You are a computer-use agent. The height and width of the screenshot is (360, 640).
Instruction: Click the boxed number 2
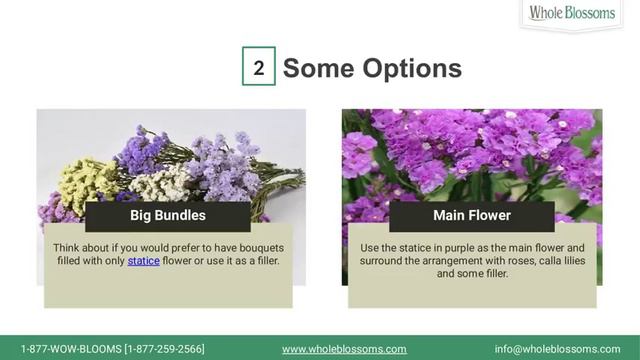258,68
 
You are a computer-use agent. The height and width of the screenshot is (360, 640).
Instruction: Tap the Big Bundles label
168,215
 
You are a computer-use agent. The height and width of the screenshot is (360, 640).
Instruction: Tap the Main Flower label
472,215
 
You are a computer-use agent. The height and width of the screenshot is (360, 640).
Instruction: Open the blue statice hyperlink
143,261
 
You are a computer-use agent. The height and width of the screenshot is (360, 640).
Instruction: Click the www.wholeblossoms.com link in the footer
344,349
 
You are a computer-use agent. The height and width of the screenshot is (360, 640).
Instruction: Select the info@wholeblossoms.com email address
557,349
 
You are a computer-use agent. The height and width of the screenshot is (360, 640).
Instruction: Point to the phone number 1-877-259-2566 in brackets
164,349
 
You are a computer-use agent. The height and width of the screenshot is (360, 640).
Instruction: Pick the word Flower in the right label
491,215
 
